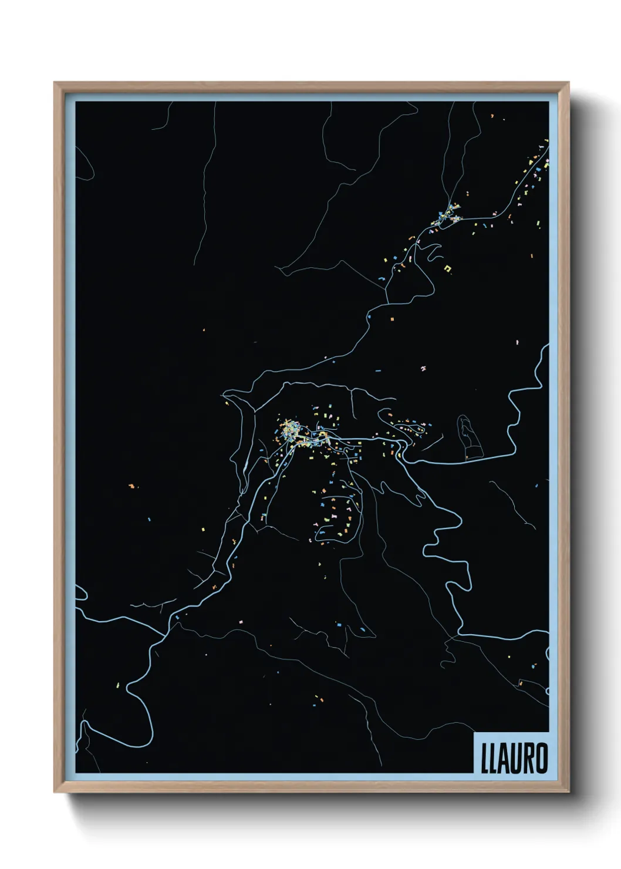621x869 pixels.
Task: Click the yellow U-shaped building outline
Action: pyautogui.click(x=450, y=268)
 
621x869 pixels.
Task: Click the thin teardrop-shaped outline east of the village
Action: pyautogui.click(x=468, y=436)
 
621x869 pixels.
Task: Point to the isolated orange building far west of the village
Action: pyautogui.click(x=131, y=486)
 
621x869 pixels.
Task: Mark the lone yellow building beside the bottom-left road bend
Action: pyautogui.click(x=117, y=685)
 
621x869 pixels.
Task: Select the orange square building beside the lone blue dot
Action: pyautogui.click(x=392, y=319)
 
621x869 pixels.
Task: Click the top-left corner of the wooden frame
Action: pyautogui.click(x=55, y=83)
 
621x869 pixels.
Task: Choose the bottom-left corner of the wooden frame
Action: pyautogui.click(x=55, y=792)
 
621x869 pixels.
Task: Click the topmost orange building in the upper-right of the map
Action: pyautogui.click(x=492, y=116)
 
